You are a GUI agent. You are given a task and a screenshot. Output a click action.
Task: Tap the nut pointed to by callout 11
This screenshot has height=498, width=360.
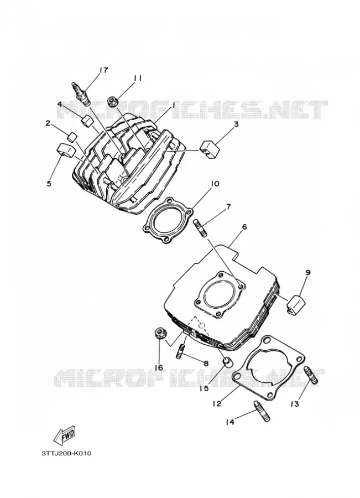point(113,101)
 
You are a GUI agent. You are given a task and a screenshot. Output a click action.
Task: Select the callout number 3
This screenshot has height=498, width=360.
point(236,124)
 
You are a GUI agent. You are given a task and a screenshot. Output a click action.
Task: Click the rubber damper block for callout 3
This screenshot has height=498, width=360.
point(208,147)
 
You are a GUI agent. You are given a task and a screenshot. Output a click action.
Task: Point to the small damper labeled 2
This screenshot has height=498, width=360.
point(72,137)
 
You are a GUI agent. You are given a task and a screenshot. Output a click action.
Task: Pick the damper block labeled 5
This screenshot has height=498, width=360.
point(65,149)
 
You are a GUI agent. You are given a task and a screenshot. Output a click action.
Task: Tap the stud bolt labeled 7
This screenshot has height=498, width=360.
point(200,227)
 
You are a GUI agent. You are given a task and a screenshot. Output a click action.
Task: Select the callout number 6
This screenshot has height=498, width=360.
point(244,227)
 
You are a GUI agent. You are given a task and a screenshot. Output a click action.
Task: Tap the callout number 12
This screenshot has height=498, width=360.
point(217,404)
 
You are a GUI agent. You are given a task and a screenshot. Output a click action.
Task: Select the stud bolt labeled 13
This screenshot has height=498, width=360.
point(311,375)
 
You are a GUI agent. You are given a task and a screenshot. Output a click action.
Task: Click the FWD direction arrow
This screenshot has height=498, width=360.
point(65,434)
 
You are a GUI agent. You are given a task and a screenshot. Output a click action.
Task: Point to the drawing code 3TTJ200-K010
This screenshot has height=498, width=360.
point(66,453)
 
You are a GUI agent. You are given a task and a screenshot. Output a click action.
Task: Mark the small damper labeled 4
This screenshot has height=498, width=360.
point(86,121)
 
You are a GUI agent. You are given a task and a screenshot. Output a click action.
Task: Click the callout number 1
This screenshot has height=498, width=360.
point(174,105)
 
